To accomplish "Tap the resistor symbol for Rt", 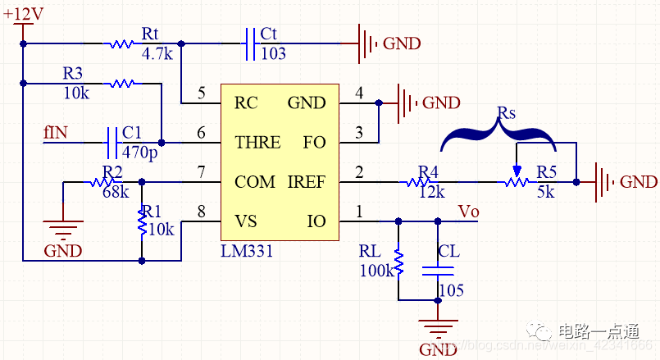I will (x=121, y=43).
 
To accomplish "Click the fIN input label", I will (x=55, y=132).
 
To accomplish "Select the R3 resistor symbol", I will (x=122, y=82).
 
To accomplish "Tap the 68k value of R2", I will (x=115, y=192).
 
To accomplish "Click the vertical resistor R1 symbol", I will (x=143, y=220).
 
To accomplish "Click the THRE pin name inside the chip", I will (x=257, y=143).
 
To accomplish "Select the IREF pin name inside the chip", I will (x=306, y=181).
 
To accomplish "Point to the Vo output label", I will (x=467, y=211).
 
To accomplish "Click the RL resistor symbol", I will (x=398, y=263).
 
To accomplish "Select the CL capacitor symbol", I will (x=438, y=270).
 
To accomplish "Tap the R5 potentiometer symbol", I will (x=516, y=181).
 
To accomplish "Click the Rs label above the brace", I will (x=507, y=112).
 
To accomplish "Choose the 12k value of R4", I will (x=430, y=192).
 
